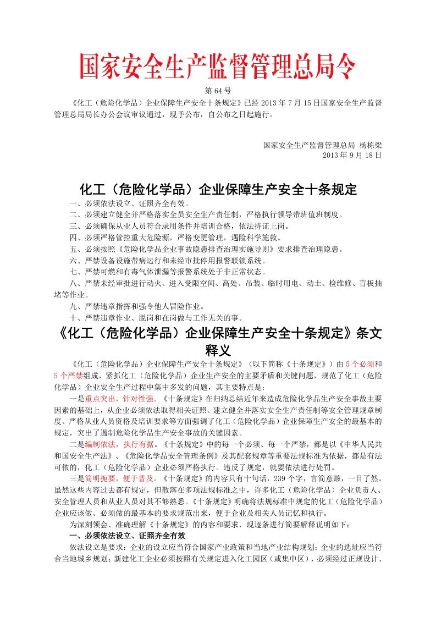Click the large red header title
[x=218, y=68]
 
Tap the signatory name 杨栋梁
[x=370, y=145]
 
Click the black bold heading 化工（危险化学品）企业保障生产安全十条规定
[x=218, y=190]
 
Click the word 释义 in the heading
[x=218, y=350]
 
